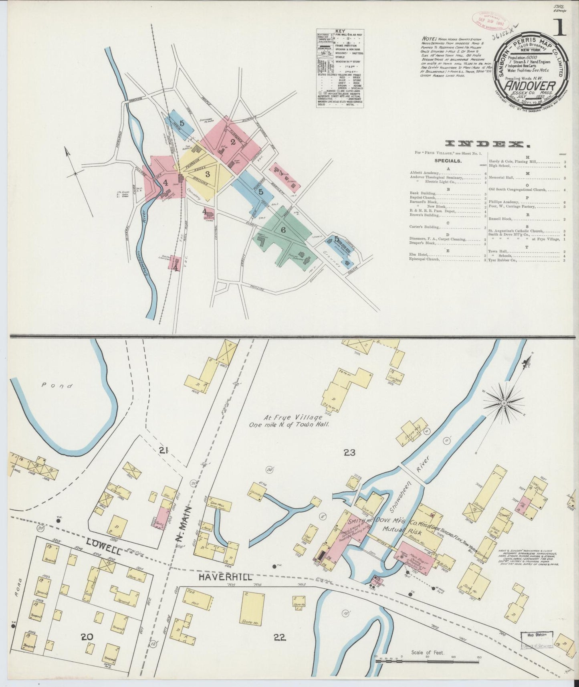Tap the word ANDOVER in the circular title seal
(530, 86)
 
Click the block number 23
(349, 453)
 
